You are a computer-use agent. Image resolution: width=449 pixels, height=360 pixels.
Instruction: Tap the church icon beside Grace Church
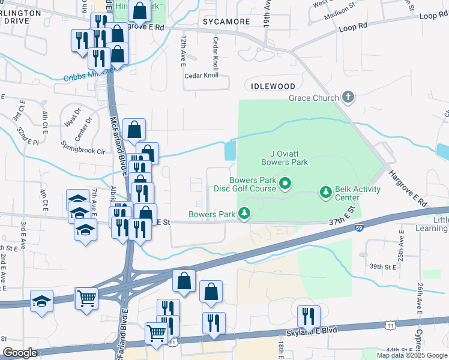pyautogui.click(x=348, y=97)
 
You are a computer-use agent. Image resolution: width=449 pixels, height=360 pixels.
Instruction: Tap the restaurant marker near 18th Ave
pyautogui.click(x=309, y=316)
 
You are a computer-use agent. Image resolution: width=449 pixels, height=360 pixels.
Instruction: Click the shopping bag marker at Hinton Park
pyautogui.click(x=139, y=10)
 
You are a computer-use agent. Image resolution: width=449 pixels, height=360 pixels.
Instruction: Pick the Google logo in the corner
pyautogui.click(x=20, y=353)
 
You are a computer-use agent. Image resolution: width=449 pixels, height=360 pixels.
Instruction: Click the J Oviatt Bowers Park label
pyautogui.click(x=285, y=158)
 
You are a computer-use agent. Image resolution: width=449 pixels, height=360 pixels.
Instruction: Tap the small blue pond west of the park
pyautogui.click(x=230, y=150)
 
